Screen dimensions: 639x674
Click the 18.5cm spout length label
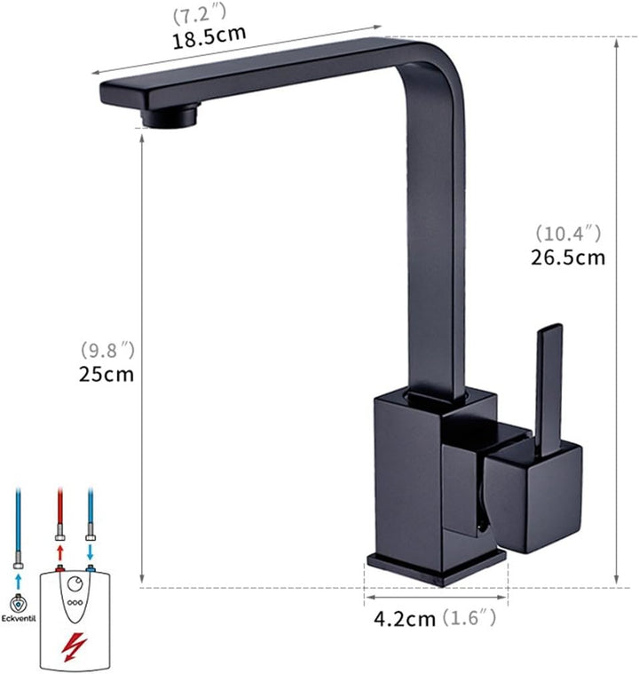coord(209,37)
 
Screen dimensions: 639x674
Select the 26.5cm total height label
coord(568,258)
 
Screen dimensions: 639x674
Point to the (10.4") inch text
coord(568,234)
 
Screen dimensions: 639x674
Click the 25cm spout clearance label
coord(106,375)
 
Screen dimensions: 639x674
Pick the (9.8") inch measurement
coord(108,351)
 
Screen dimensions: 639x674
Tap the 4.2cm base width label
coord(405,620)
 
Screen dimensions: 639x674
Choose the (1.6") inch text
coord(469,618)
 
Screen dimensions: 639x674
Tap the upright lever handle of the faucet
coord(548,391)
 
